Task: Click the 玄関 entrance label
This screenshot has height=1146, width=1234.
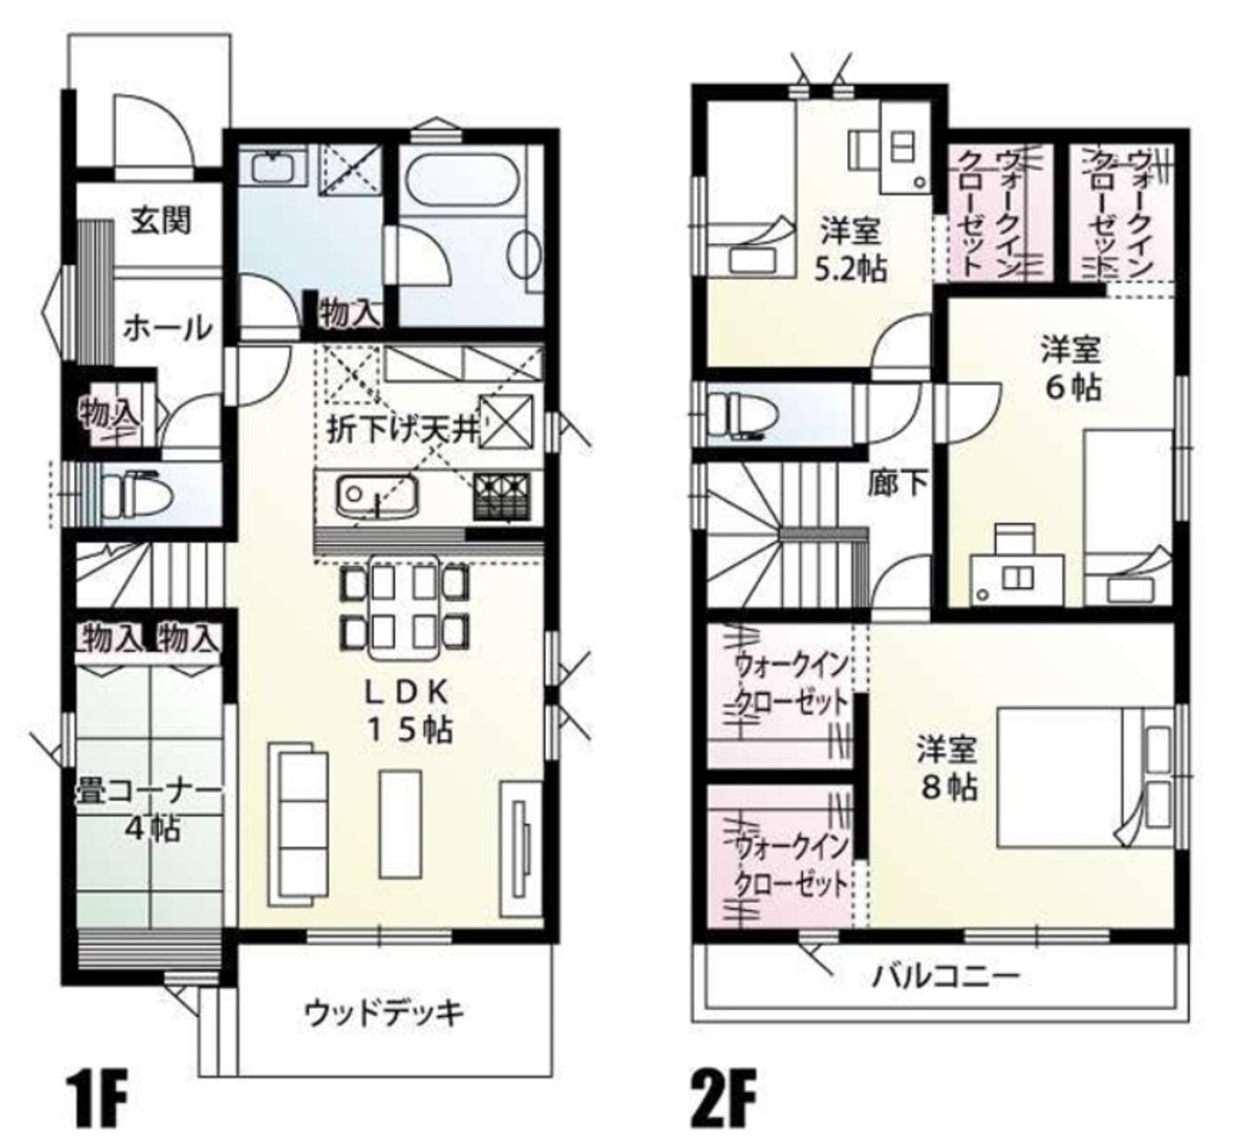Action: (x=161, y=221)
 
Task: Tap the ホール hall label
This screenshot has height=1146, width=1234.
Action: (x=168, y=328)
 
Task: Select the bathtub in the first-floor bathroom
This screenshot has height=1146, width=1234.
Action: (x=461, y=177)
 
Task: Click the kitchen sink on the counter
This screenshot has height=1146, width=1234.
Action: (x=376, y=495)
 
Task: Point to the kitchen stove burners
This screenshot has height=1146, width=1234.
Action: (x=502, y=496)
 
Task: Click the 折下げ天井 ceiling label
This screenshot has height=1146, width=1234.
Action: (x=403, y=429)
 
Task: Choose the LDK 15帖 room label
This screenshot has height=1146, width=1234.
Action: (x=409, y=711)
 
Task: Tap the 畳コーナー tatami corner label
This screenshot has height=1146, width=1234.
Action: (x=148, y=810)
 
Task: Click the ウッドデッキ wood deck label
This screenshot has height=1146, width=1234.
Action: (x=384, y=1014)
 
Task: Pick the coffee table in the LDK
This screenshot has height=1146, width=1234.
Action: (x=401, y=823)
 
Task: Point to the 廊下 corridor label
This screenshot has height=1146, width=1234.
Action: (x=898, y=482)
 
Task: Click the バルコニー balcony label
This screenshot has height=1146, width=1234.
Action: (x=947, y=976)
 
